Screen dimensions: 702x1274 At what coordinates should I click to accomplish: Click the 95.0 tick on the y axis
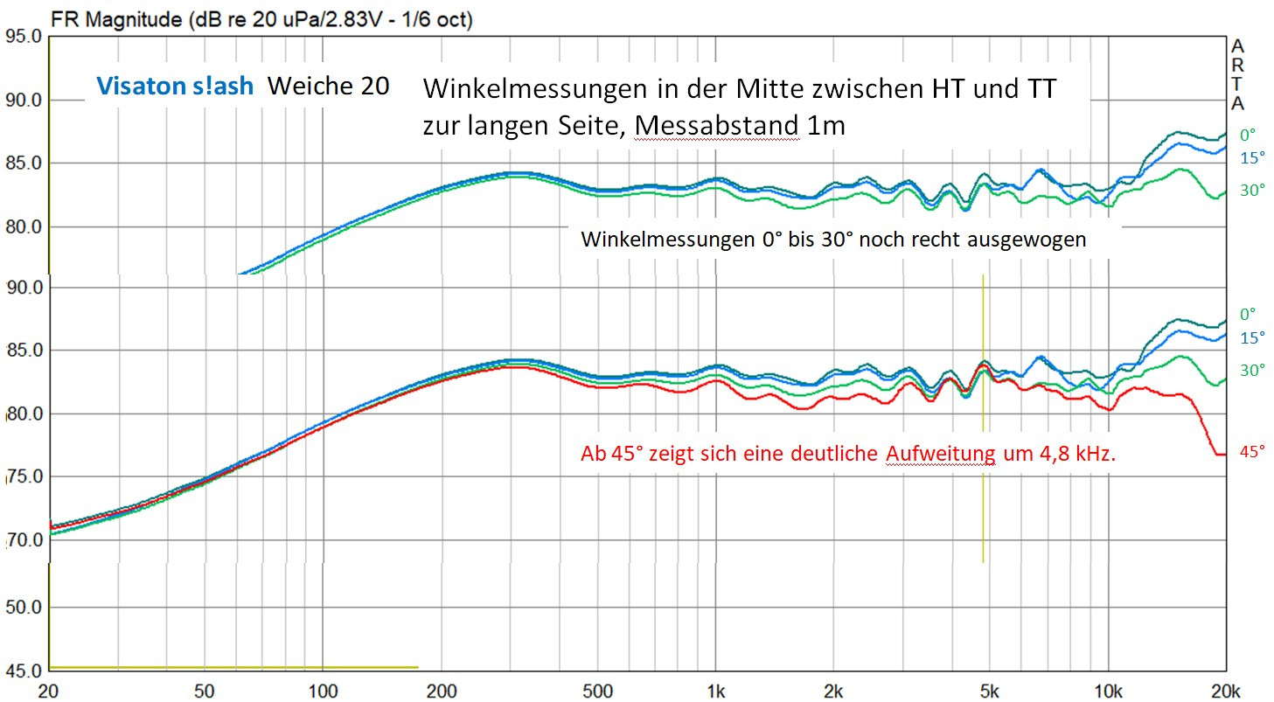click(x=24, y=37)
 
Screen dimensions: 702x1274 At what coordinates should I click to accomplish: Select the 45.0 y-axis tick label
click(x=24, y=671)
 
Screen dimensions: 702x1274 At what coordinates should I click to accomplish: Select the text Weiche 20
click(x=328, y=86)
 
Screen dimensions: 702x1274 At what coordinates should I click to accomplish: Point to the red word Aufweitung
click(x=941, y=454)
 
